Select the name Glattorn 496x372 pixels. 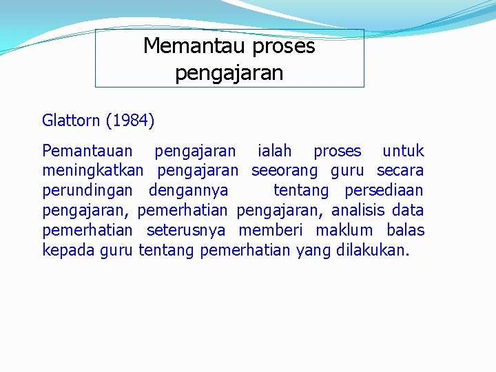(72, 121)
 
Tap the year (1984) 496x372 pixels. (130, 121)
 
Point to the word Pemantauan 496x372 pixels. (87, 151)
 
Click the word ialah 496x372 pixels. (273, 151)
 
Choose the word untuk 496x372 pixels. (403, 151)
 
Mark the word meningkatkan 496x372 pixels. (93, 170)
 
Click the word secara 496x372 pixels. (400, 170)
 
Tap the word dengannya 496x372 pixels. (189, 190)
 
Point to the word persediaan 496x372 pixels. (384, 190)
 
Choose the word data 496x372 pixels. (408, 210)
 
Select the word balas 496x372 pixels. (406, 230)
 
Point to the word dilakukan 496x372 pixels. (373, 250)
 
